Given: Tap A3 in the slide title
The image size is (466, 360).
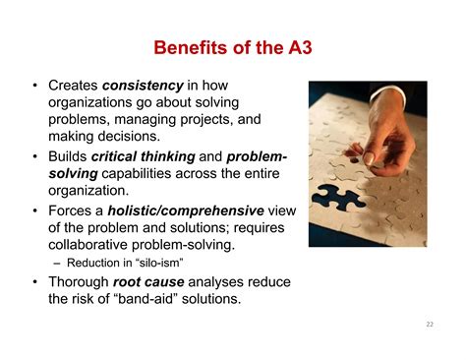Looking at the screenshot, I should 298,47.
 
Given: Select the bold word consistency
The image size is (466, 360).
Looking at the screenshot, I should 149,86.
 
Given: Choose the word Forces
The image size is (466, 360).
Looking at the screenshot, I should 69,209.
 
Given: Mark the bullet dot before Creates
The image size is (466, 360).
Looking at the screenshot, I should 35,86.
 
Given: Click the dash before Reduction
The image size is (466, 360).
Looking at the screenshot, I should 55,262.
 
